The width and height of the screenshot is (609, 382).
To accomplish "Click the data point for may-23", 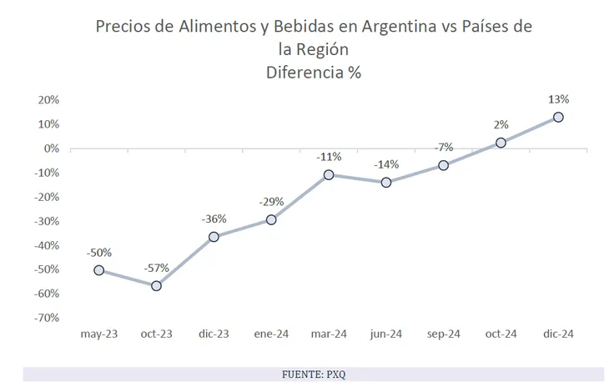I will click(x=99, y=270).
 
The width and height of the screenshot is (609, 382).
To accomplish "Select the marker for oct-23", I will click(x=156, y=286).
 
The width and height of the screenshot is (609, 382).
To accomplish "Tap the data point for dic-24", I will click(x=558, y=118).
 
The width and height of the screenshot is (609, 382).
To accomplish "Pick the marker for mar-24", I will click(x=329, y=175).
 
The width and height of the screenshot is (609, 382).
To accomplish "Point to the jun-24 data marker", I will click(x=386, y=183).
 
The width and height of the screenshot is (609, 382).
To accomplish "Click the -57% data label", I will click(x=156, y=268).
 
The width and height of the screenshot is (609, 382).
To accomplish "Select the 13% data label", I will click(x=559, y=99).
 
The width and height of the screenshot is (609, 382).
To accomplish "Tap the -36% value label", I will click(x=214, y=219).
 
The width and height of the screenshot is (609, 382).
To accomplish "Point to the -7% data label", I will click(x=443, y=148).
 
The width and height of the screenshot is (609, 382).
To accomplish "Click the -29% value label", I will click(x=271, y=202).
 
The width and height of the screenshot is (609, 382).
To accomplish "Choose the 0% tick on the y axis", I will click(x=51, y=148).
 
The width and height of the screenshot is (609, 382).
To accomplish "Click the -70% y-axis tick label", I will click(x=47, y=318).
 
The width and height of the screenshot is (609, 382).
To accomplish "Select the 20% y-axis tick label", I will click(x=48, y=100).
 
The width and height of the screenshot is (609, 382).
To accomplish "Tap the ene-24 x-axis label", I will click(x=271, y=334).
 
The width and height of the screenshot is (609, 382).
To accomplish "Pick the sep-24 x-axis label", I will click(x=443, y=334).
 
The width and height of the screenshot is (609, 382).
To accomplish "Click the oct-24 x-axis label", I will click(x=501, y=334).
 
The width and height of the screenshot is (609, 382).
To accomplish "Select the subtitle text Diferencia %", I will click(x=313, y=72).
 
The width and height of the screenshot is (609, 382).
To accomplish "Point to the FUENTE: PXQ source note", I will click(x=314, y=374).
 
